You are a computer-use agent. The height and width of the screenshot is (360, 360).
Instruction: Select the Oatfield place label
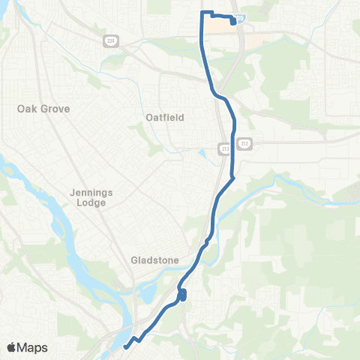point(165,117)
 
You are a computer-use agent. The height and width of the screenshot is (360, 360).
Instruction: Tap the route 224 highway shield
point(109,42)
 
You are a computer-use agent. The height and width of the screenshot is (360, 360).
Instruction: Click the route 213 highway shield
point(225,148)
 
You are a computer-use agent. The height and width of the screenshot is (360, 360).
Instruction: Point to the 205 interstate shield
point(239,16)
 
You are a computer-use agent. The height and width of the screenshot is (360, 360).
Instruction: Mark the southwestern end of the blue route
point(124,346)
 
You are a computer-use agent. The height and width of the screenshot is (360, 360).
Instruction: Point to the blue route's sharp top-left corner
point(201,13)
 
